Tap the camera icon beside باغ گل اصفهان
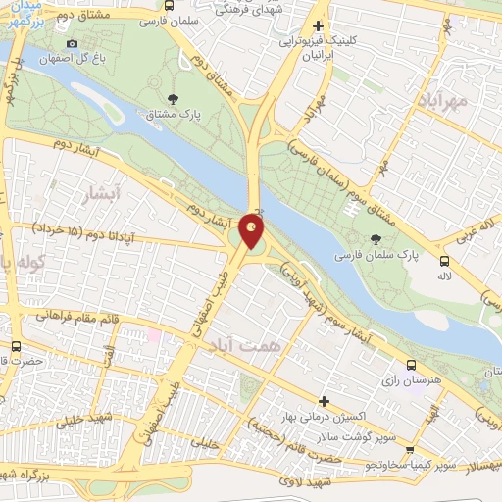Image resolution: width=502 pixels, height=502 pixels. (x=72, y=44)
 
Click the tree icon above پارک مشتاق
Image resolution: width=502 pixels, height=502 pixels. (x=174, y=98)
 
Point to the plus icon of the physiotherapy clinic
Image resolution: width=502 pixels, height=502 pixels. (x=317, y=26)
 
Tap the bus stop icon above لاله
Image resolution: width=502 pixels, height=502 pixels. (x=445, y=261)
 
